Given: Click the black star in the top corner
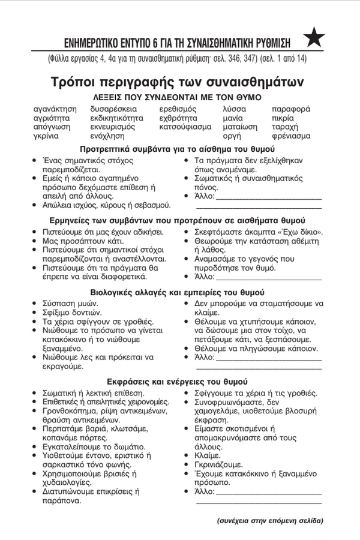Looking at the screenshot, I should [x=314, y=39].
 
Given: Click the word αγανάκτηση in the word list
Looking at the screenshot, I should [x=55, y=109].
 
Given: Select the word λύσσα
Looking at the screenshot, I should [x=234, y=109].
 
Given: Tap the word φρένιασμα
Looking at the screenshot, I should [x=291, y=136].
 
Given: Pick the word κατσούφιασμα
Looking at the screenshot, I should [x=185, y=127].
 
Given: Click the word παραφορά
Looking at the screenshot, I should [x=291, y=109].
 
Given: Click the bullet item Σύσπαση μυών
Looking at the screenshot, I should [x=69, y=304].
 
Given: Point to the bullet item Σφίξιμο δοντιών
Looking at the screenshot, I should [x=71, y=313].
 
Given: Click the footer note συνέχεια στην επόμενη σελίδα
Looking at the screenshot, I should [x=269, y=521].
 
